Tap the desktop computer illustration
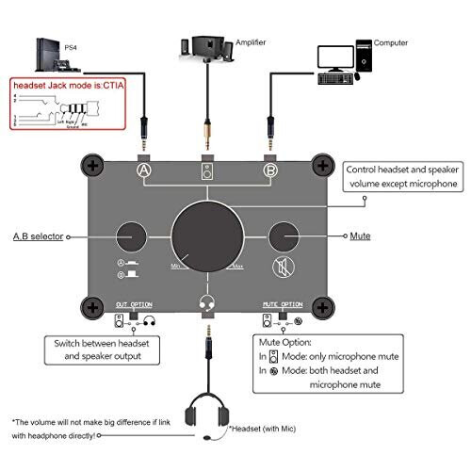point(344,58)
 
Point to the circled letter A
point(144,170)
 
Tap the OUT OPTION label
point(134,305)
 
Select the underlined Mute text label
point(359,236)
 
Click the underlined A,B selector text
point(38,236)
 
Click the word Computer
point(391,42)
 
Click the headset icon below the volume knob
point(207,301)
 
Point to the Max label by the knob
point(250,268)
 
